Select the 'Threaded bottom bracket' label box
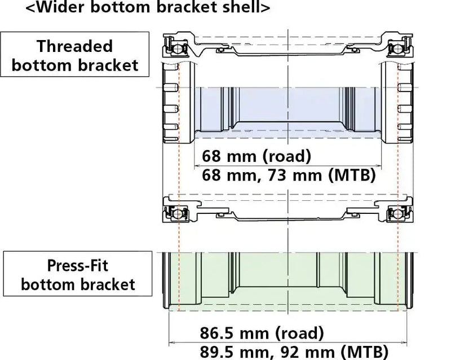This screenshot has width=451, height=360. coord(75,55)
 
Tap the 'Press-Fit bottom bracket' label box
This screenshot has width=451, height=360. coord(78,274)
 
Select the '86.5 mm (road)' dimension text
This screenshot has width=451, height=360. coord(262,331)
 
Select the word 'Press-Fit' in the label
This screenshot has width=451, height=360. coord(78,264)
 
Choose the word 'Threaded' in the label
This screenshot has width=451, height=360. coord(75,46)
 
